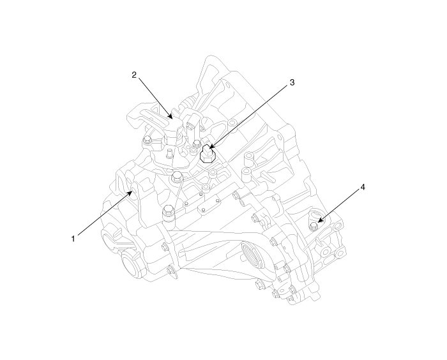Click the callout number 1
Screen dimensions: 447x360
(73, 238)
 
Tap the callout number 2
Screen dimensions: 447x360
(134, 75)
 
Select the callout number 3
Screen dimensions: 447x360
(292, 82)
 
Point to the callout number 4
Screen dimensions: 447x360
(363, 187)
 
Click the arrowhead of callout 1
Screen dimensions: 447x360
(130, 194)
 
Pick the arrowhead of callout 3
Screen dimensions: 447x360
(212, 146)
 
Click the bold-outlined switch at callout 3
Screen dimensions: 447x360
(208, 154)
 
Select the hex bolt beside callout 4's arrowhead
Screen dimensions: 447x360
(314, 227)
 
